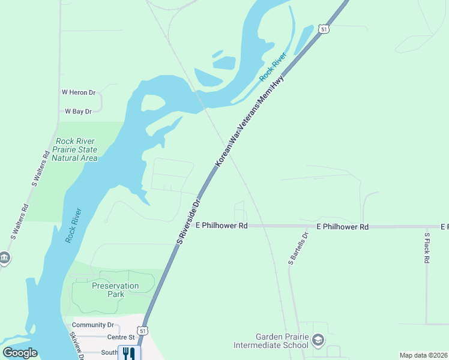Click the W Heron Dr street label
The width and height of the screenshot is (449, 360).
[x=79, y=92]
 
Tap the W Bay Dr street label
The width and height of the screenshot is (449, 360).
[x=78, y=111]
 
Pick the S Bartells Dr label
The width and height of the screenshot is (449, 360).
[x=298, y=248]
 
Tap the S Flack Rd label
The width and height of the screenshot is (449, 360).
[x=427, y=248]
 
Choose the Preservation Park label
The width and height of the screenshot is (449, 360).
[x=115, y=290]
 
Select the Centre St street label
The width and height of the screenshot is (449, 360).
[x=98, y=338]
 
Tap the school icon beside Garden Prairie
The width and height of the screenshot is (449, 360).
[x=318, y=341]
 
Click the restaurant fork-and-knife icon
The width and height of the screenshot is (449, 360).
[x=129, y=353]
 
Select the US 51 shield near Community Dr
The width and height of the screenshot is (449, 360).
[x=142, y=331]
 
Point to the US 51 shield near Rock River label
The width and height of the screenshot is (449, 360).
[x=324, y=29]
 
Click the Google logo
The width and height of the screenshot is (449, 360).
[x=20, y=353]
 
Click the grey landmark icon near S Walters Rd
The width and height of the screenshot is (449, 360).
[x=4, y=258]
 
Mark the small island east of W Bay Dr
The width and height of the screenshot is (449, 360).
[x=152, y=103]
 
